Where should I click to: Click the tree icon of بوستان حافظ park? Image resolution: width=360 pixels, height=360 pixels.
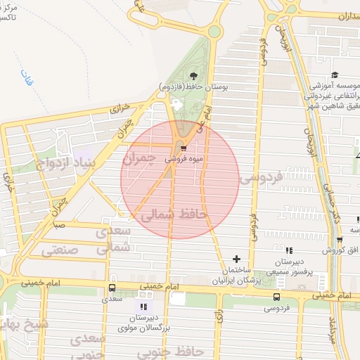[193, 76]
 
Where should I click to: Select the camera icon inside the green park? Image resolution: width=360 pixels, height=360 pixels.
[175, 104]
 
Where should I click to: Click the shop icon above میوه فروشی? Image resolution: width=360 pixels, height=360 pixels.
[183, 148]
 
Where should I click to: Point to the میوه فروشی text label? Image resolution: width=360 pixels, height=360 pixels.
[184, 159]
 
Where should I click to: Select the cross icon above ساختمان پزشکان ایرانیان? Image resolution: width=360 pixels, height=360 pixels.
[236, 259]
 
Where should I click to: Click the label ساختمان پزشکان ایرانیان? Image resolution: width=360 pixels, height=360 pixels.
[236, 276]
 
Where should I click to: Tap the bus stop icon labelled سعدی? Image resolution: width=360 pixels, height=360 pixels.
[112, 288]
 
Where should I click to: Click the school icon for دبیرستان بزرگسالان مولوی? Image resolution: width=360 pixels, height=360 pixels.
[144, 307]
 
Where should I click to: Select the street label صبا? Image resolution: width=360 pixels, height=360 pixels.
[59, 226]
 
